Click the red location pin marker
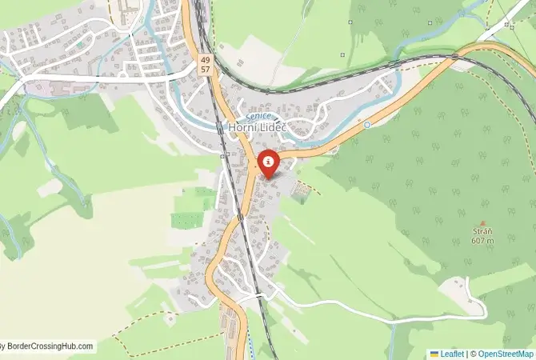pos(267,164)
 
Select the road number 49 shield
pos(206,60)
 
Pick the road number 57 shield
pos(206,70)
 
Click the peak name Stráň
pos(482,232)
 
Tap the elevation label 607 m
pos(482,241)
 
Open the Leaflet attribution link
pos(452,353)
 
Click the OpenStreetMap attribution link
pos(506,353)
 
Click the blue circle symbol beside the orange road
pos(367,125)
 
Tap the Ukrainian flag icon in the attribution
pos(434,353)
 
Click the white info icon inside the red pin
pos(267,161)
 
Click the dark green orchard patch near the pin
pos(301,192)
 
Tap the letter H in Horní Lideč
pos(232,127)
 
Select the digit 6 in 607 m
pos(474,241)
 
